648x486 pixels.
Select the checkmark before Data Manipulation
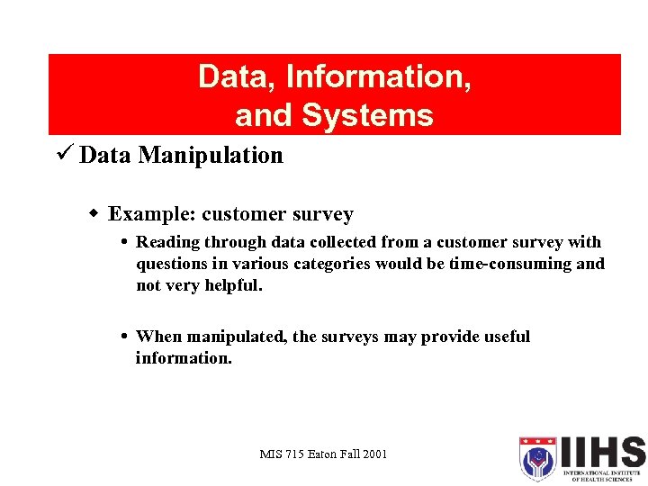tap(64, 155)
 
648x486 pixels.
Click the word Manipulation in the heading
tap(211, 156)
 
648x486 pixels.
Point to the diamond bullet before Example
tap(94, 214)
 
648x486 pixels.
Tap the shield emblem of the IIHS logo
tap(538, 459)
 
